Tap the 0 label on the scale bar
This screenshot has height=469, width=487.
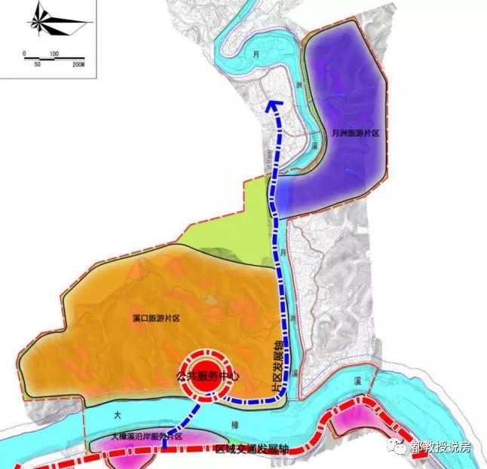click(x=24, y=54)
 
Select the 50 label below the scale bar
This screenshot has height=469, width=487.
click(x=38, y=66)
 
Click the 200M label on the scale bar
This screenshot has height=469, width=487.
click(x=78, y=66)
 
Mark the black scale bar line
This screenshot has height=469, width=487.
click(x=53, y=60)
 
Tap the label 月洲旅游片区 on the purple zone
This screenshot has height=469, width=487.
click(x=354, y=132)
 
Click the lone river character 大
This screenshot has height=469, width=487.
click(x=118, y=415)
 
